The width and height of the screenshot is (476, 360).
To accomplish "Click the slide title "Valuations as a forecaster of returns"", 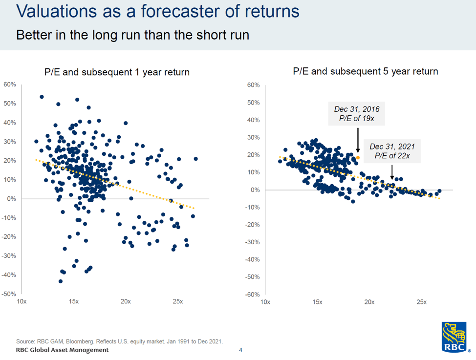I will tap(158, 12).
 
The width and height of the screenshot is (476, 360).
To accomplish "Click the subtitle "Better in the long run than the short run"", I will tap(133, 35).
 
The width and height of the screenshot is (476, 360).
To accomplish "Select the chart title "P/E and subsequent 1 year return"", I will tap(117, 72).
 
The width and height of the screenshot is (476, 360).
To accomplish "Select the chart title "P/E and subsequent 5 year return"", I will tap(365, 71).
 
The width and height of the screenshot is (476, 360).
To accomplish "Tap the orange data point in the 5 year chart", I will tap(358, 157).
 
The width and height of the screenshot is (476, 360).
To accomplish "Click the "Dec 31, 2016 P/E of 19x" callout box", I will tap(356, 113).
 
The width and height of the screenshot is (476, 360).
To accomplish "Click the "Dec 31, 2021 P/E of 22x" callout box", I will tap(392, 150).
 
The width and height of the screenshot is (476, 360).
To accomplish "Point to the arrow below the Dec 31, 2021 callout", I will tap(392, 171).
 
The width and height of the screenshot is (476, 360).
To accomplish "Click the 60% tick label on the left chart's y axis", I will tap(10, 85).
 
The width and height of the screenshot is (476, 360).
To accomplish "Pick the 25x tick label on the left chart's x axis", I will tap(178, 301).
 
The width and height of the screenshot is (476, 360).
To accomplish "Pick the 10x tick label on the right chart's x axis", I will tap(265, 302).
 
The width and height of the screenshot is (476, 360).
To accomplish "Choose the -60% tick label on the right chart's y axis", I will tap(253, 295).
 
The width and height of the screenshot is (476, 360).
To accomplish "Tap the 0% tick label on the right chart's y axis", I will tap(255, 190).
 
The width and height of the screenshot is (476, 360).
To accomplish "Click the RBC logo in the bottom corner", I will tap(456, 338).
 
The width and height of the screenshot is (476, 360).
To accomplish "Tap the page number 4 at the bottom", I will tap(240, 350).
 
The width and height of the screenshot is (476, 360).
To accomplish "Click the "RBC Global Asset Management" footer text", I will tap(63, 350).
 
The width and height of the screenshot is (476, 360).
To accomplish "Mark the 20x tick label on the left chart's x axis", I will tap(126, 301).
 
